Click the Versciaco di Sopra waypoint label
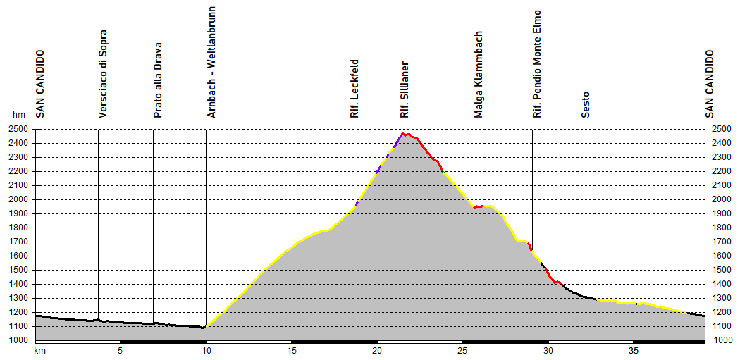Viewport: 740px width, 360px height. (103, 74)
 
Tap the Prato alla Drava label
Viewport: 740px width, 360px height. (158, 79)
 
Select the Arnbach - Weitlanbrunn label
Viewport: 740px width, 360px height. (211, 62)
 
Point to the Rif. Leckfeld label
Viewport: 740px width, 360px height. (354, 88)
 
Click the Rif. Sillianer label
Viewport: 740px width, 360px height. (405, 89)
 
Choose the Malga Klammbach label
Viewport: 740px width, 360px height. (479, 75)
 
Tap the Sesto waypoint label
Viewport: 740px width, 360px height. (586, 104)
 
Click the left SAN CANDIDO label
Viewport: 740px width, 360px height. (40, 83)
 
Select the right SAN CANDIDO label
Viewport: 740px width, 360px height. (710, 83)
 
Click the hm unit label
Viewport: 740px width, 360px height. (18, 115)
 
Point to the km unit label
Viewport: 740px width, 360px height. (40, 350)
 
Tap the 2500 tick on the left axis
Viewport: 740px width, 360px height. (18, 129)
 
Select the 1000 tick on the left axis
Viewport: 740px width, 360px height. (18, 340)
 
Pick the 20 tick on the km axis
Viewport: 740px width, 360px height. (377, 350)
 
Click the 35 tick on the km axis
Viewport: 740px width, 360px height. (634, 350)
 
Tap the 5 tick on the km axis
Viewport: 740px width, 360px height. (121, 350)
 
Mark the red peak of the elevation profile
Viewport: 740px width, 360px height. (403, 133)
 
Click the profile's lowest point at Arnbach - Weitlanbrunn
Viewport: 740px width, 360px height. (204, 327)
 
